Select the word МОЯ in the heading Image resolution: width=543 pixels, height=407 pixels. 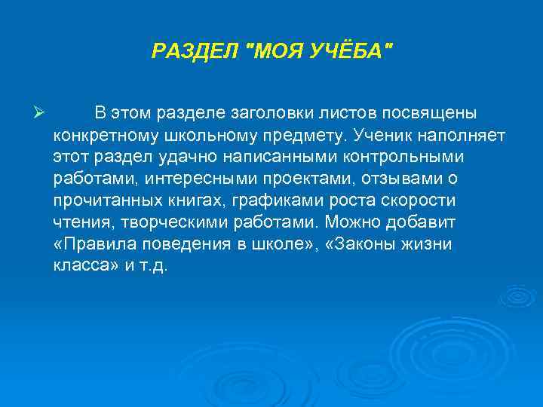coord(278,51)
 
